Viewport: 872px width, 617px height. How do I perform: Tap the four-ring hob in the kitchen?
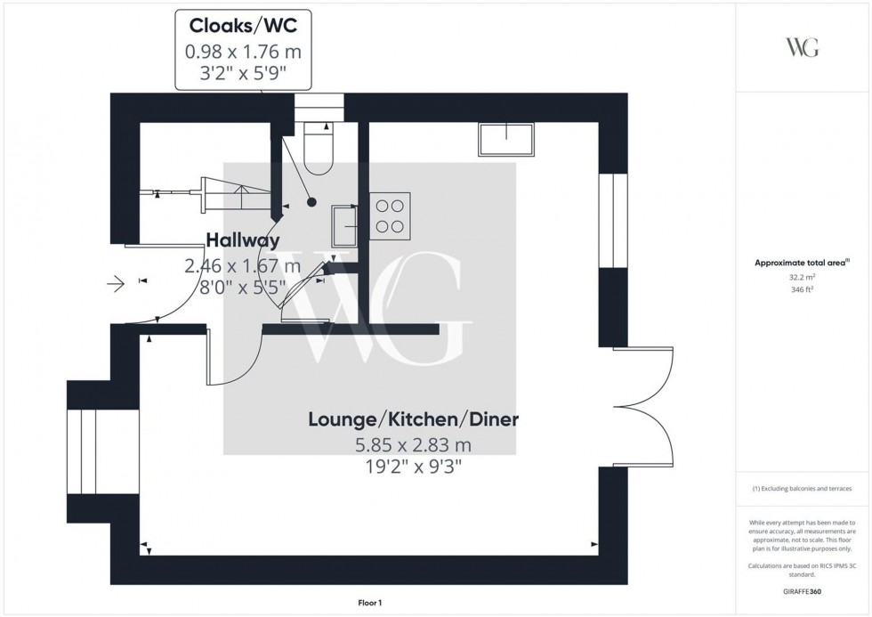(x=390, y=215)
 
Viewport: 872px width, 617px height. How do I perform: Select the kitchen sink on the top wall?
(x=506, y=140)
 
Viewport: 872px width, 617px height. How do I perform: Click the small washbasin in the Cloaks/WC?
(x=344, y=224)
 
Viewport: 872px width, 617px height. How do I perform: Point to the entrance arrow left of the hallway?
(x=117, y=284)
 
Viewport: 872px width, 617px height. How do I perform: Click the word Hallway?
(x=243, y=240)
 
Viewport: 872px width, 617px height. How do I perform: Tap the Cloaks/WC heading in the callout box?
(x=243, y=28)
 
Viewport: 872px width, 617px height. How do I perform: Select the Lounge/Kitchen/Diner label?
(x=414, y=419)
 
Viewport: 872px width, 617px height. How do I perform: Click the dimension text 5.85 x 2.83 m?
(x=414, y=443)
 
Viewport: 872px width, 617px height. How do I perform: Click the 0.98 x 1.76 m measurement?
(x=243, y=52)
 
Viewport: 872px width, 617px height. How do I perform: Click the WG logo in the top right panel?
(x=803, y=48)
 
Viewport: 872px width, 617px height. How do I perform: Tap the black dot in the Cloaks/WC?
(x=310, y=201)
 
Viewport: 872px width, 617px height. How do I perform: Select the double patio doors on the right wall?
(x=639, y=406)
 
